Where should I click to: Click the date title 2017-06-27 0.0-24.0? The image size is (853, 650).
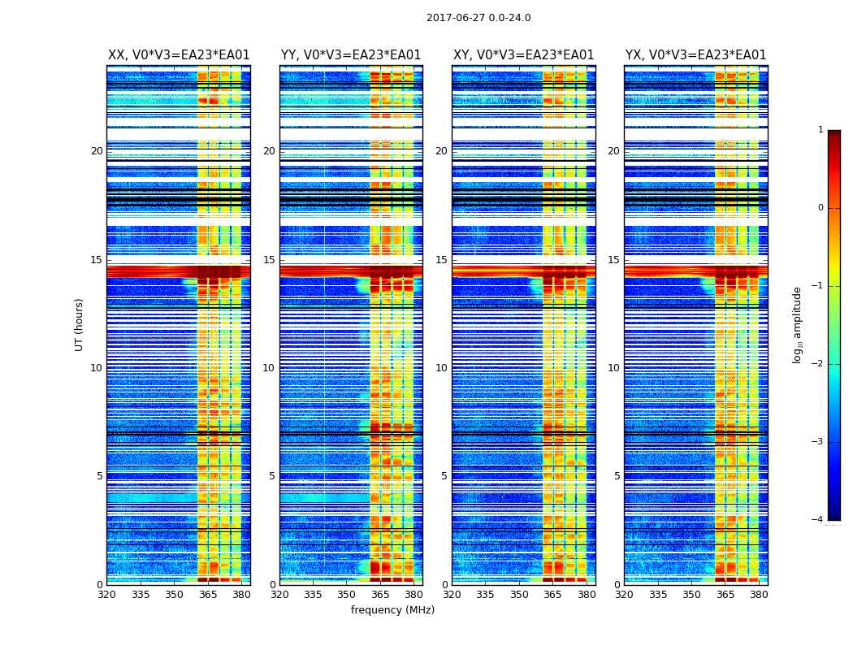point(478,18)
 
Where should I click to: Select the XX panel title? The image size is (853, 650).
point(179,55)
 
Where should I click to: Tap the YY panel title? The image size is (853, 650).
point(351,55)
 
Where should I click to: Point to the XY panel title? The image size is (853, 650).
point(523,55)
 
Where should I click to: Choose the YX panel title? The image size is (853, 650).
point(695,55)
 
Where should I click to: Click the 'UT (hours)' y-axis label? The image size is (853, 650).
point(79,324)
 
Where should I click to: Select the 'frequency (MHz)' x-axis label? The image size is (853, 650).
point(392,610)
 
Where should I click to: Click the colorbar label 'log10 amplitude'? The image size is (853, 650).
point(797,324)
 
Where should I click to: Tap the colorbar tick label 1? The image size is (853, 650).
point(820,130)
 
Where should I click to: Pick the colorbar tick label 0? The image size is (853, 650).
point(820,208)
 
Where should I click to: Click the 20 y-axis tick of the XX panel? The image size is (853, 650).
point(97,151)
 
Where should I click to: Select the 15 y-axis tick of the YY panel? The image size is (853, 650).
point(269,260)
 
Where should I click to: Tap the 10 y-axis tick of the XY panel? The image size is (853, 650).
point(441,368)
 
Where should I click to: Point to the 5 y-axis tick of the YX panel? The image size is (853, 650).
point(617,476)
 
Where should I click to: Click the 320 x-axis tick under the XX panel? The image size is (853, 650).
point(106,594)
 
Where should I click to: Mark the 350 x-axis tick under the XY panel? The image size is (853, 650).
point(519,594)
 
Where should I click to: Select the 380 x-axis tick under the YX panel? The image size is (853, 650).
point(759,594)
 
